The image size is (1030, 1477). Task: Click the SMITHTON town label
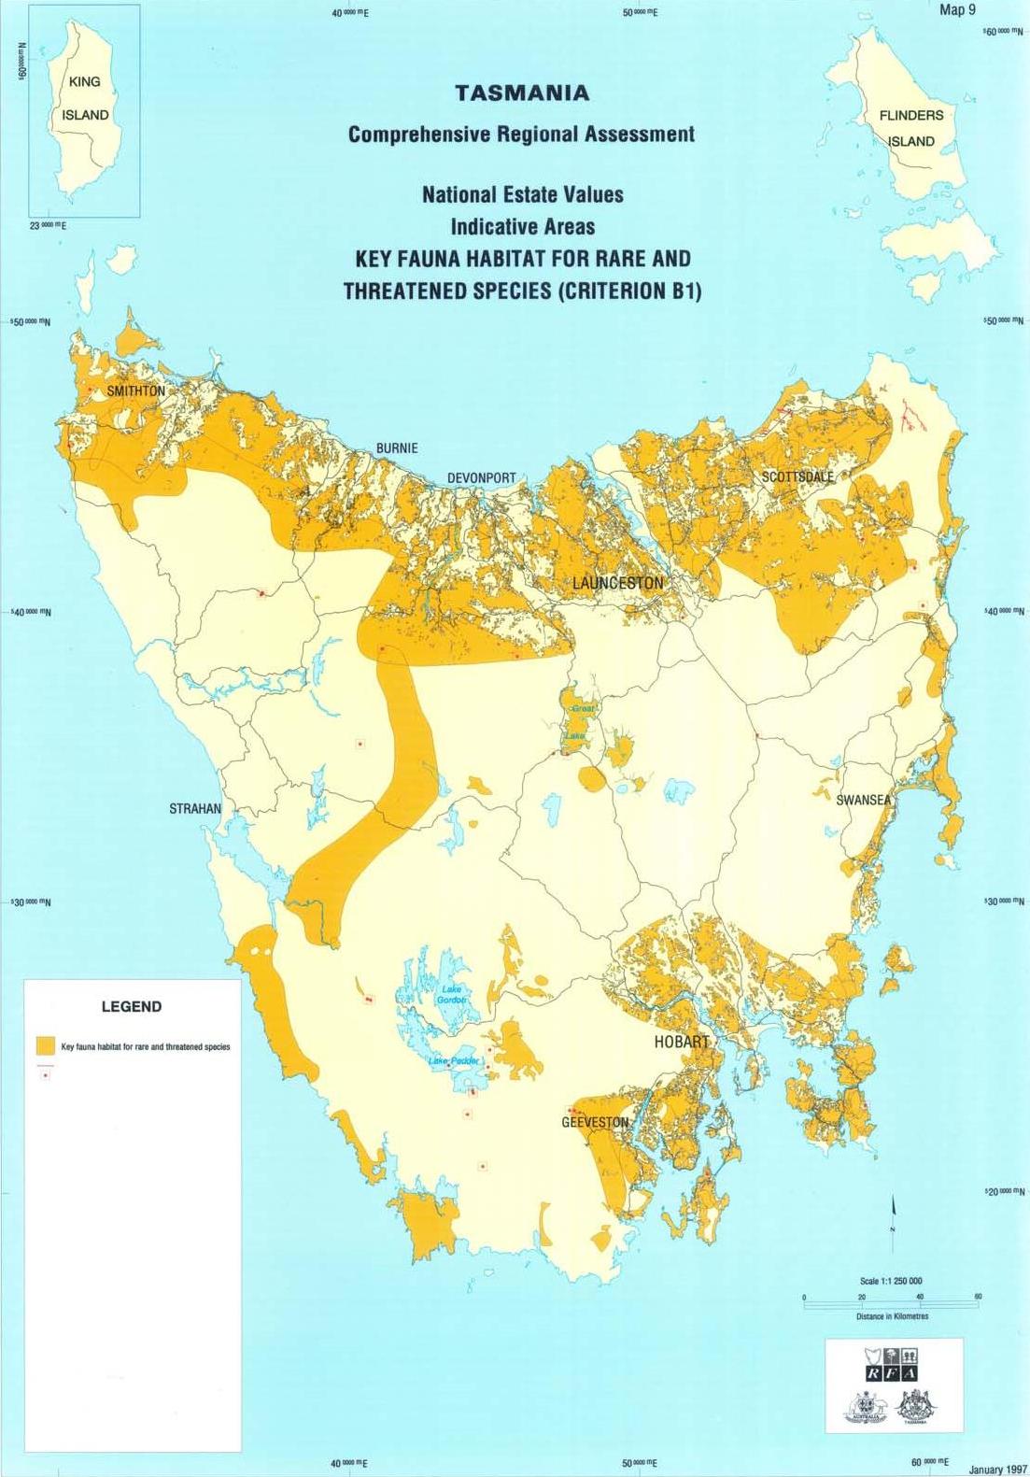click(x=136, y=391)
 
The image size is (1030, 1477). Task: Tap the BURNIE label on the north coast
click(x=397, y=448)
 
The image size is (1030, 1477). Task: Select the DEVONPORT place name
click(x=481, y=477)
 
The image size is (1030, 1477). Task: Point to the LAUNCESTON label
click(x=617, y=583)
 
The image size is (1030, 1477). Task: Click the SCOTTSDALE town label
click(x=797, y=476)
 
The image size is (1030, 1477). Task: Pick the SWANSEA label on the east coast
click(x=864, y=800)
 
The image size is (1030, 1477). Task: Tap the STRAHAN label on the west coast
click(x=195, y=808)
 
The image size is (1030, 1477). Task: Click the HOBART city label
click(x=682, y=1042)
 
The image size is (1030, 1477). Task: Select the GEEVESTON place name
click(x=595, y=1122)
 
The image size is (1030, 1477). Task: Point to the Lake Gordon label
click(x=452, y=994)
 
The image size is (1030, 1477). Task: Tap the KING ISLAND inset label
click(x=85, y=98)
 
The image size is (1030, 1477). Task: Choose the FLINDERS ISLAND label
click(x=911, y=128)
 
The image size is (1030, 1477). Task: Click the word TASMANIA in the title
click(x=522, y=93)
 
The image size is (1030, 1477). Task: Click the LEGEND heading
click(x=131, y=1006)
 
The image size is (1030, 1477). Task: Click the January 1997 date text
click(x=996, y=1469)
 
